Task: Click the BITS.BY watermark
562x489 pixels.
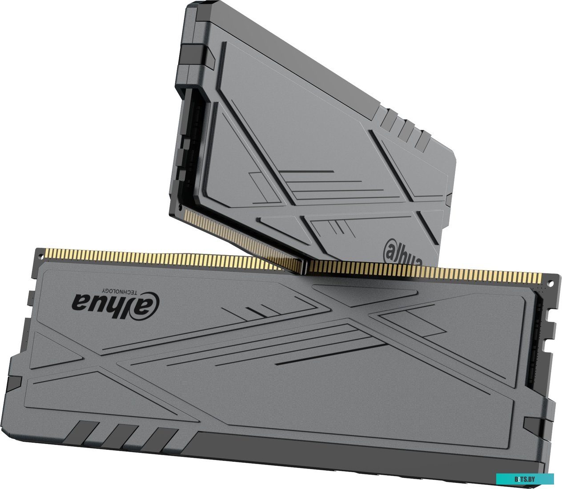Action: pyautogui.click(x=525, y=479)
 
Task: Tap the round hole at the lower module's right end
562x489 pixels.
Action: pyautogui.click(x=550, y=283)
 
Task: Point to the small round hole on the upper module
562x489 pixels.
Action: pyautogui.click(x=180, y=207)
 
